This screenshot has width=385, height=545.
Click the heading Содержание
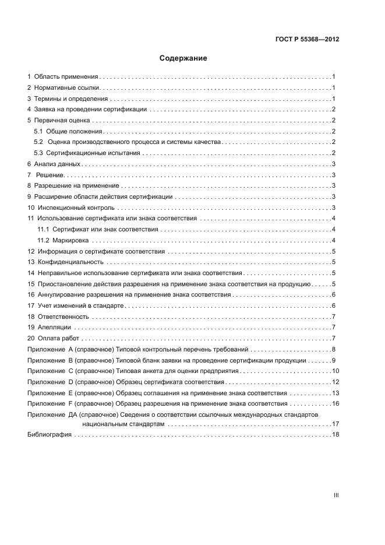tap(183, 58)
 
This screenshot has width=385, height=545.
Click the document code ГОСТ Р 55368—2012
tap(307, 40)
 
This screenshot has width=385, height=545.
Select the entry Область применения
tap(66, 76)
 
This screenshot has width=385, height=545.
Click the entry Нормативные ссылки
tap(68, 87)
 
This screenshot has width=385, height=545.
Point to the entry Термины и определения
tap(70, 99)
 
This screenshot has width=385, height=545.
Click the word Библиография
tap(50, 435)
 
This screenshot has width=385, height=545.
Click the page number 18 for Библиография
tap(335, 435)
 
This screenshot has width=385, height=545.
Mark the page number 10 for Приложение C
tap(335, 371)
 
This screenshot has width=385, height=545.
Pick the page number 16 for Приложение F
tap(335, 403)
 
